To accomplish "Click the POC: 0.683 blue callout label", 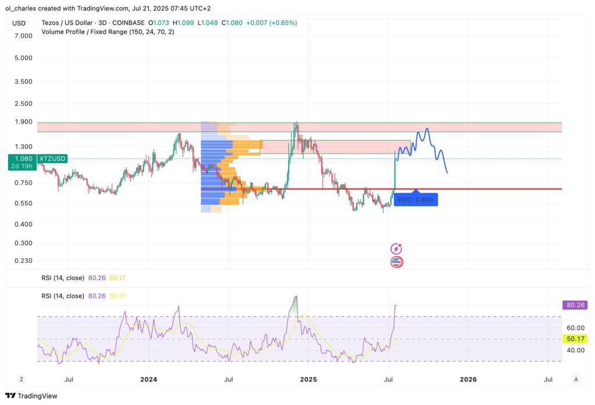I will (x=415, y=200).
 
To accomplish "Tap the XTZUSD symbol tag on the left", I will (x=52, y=158).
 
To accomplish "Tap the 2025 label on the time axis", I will (x=308, y=379).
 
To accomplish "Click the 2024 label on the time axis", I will (x=148, y=379).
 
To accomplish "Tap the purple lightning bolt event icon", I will (x=397, y=249).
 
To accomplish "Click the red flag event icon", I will (x=397, y=262).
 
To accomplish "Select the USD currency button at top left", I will (x=19, y=23).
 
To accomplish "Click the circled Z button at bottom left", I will (x=21, y=379).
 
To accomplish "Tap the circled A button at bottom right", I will (x=575, y=379).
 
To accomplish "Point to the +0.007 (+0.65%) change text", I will (x=271, y=23).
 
